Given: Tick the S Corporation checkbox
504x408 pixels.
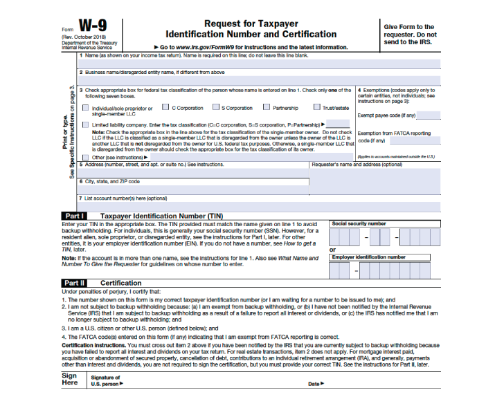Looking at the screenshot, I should pyautogui.click(x=215, y=107).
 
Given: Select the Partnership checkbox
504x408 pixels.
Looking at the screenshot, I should pyautogui.click(x=267, y=107).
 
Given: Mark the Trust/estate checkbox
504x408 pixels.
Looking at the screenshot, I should pyautogui.click(x=316, y=107).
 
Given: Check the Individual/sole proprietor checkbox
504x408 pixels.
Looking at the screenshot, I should pyautogui.click(x=85, y=107).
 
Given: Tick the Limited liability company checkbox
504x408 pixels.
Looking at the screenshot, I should pyautogui.click(x=85, y=125).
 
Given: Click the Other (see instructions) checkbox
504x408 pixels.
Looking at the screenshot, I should pyautogui.click(x=85, y=157).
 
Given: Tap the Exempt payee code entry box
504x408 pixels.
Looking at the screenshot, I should pyautogui.click(x=429, y=115).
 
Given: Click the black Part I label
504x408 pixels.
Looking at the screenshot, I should pyautogui.click(x=75, y=216).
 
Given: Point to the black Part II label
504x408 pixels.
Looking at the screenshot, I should pyautogui.click(x=75, y=283).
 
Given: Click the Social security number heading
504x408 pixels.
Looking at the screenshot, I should pyautogui.click(x=359, y=224).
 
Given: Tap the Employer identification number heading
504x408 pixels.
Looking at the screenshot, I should pyautogui.click(x=368, y=257).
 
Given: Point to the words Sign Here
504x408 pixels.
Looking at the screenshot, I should pyautogui.click(x=70, y=379).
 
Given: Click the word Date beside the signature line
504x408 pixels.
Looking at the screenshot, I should pyautogui.click(x=315, y=384).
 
